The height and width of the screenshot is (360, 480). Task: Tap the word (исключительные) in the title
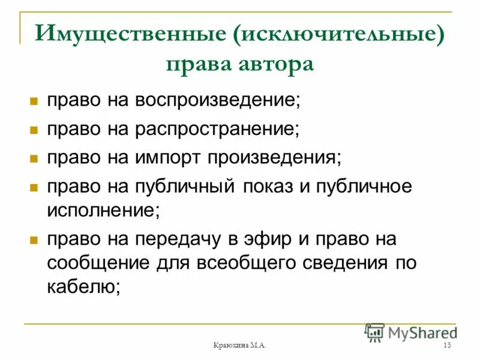(x=340, y=35)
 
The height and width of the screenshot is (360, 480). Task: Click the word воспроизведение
(x=216, y=100)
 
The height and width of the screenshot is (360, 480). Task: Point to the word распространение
(x=218, y=128)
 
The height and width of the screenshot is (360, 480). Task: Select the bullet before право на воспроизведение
(x=34, y=100)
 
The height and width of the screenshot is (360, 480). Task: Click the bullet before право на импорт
(x=34, y=158)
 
